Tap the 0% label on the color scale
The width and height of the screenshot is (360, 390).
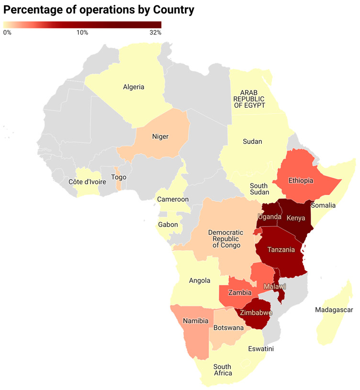coord(7,33)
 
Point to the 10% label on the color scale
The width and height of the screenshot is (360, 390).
coord(82,33)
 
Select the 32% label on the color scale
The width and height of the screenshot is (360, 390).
coord(155,33)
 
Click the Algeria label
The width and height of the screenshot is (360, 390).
coord(134,87)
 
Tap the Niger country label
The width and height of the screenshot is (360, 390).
coord(160,137)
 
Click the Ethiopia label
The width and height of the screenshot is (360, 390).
coord(301,181)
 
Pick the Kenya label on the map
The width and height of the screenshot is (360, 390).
coord(295,218)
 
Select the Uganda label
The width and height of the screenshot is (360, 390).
coord(270,217)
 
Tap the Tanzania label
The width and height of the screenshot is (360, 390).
coord(281,250)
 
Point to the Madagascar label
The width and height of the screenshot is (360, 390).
coord(334,310)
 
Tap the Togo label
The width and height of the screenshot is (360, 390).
coord(119,177)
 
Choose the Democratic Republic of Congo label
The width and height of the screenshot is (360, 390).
coord(225,239)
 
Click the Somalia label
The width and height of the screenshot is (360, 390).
coord(323,205)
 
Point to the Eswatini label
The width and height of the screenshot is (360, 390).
coord(261,349)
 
